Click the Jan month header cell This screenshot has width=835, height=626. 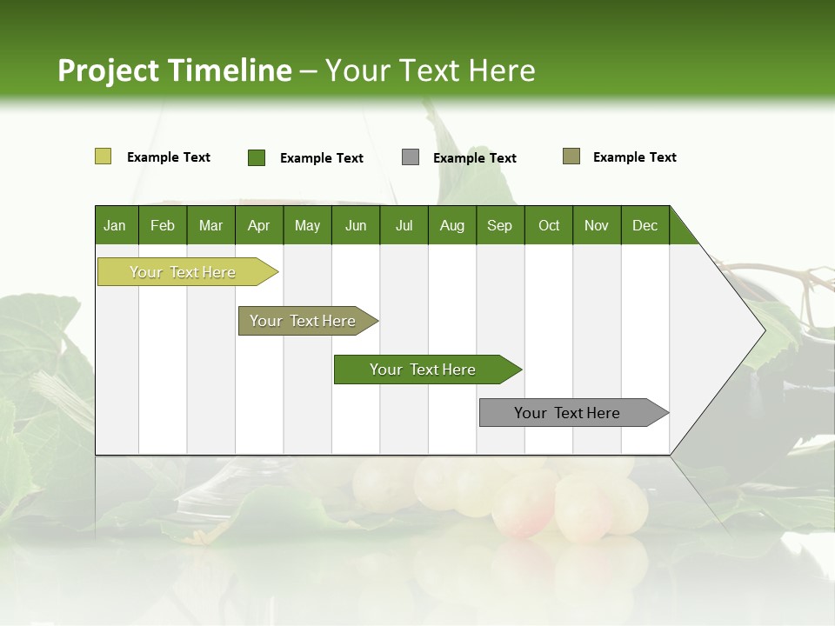116,225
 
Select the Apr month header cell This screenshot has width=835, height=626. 259,225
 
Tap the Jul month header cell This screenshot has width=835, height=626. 404,225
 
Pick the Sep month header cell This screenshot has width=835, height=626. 500,225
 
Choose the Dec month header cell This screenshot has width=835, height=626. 645,225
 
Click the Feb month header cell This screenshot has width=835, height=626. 163,225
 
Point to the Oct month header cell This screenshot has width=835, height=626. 549,225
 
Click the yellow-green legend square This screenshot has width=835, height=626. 103,156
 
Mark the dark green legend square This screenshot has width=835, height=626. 257,157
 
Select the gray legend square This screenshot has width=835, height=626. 411,157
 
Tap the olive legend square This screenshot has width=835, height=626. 571,156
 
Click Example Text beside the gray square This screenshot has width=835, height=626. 474,158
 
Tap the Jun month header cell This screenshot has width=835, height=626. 356,225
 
